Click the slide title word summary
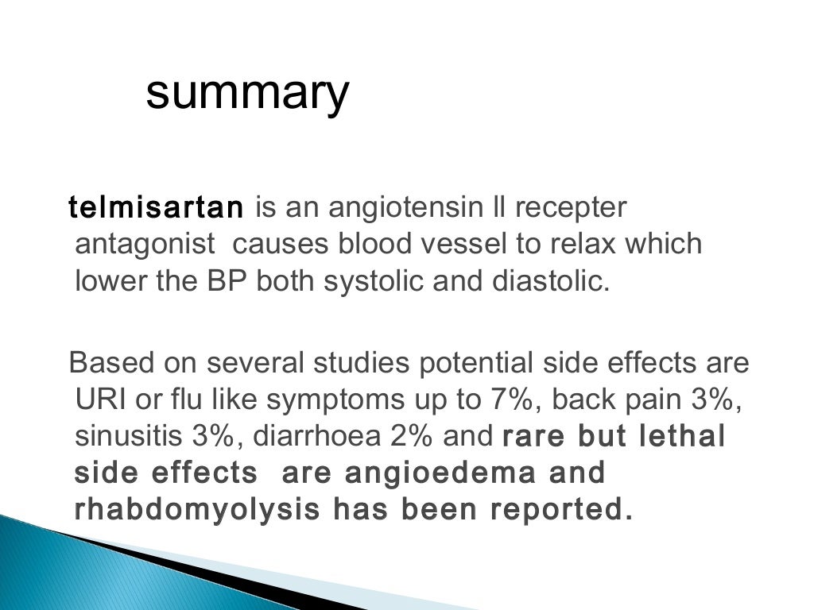click(247, 94)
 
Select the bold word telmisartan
click(156, 208)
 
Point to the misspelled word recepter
click(570, 208)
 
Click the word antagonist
click(145, 244)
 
